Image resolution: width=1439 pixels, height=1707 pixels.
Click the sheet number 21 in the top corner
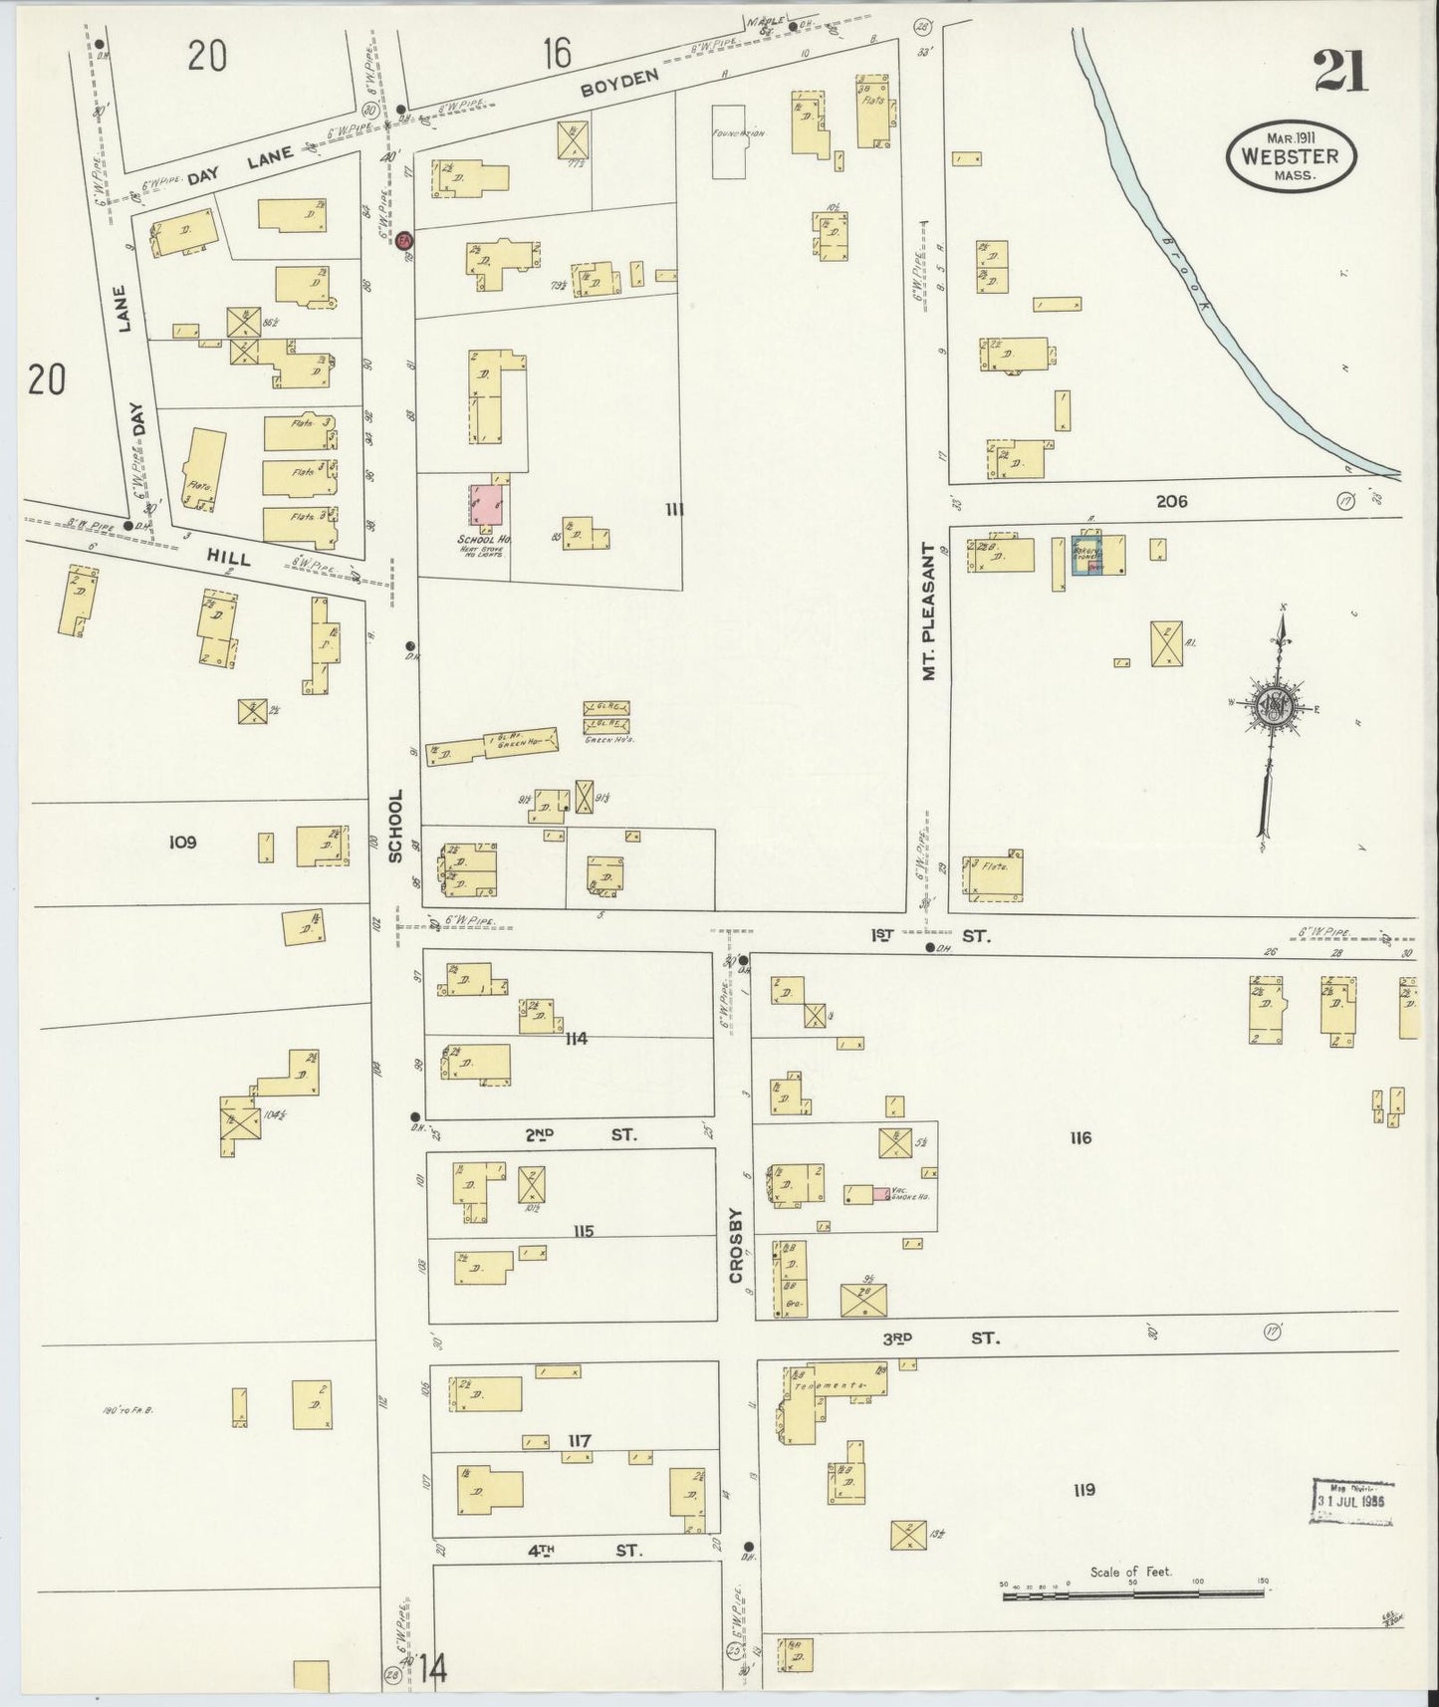coord(1339,72)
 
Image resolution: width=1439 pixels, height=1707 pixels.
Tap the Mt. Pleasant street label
coord(930,611)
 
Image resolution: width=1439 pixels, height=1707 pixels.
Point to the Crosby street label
coord(735,1245)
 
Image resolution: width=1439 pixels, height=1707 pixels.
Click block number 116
coord(1079,1137)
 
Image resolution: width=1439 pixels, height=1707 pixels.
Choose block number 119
coord(1084,1490)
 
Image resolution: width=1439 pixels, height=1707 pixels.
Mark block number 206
coord(1172,502)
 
